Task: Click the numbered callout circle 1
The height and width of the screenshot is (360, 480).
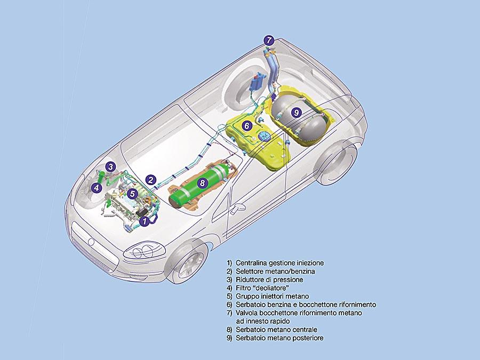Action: [143, 219]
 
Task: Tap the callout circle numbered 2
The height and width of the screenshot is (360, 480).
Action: [151, 180]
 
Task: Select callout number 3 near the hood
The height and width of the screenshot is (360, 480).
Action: [110, 166]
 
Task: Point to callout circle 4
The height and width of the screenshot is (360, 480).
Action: [97, 187]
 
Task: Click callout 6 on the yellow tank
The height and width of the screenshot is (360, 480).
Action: [246, 126]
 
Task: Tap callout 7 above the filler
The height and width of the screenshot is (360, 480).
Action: [270, 40]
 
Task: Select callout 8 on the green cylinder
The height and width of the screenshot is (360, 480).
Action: [202, 183]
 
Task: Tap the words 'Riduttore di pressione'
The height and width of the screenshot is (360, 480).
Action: [265, 279]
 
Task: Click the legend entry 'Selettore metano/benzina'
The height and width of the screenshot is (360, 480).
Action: [270, 271]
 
